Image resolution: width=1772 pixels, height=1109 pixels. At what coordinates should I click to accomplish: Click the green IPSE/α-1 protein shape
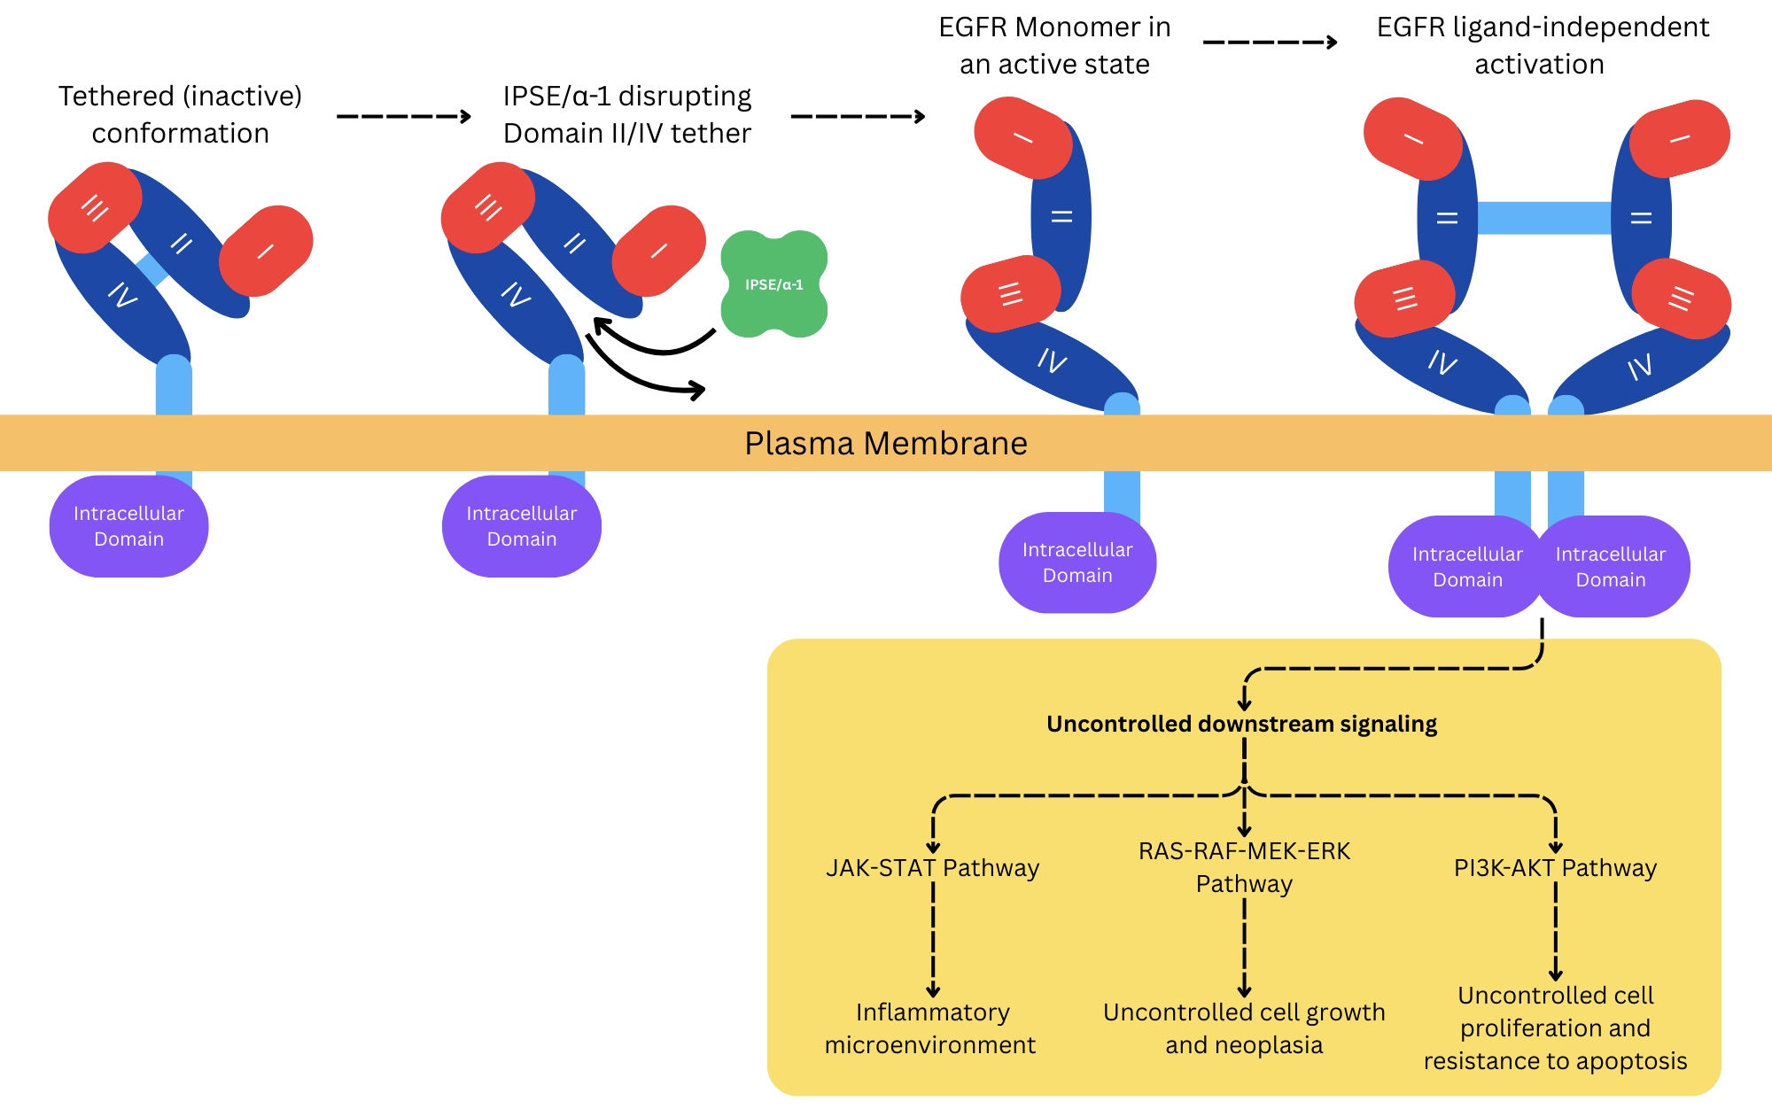tap(773, 284)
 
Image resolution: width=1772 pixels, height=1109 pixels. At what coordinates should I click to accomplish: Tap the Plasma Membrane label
tap(886, 443)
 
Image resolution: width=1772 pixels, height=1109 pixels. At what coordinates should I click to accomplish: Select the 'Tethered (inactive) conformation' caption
tap(181, 114)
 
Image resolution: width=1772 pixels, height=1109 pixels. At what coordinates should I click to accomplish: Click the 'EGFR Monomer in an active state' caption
tap(1054, 45)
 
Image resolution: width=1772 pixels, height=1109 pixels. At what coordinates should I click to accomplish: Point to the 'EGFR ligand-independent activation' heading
tap(1542, 45)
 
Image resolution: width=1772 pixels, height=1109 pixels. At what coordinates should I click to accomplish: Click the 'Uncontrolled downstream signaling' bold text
tap(1241, 724)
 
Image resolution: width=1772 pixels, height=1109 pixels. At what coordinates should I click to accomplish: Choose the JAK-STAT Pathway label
tap(932, 867)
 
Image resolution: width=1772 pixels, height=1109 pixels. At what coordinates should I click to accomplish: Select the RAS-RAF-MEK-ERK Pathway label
tap(1244, 867)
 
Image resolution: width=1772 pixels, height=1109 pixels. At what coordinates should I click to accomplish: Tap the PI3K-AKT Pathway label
tap(1555, 867)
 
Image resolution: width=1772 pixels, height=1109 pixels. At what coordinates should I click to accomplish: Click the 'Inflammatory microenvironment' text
tap(931, 1028)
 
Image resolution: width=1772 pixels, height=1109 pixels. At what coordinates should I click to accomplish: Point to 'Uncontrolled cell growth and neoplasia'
tap(1244, 1028)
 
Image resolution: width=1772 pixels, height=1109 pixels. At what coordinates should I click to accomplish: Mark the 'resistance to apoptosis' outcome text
tap(1555, 1061)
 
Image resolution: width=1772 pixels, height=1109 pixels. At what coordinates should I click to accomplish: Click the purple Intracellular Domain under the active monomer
tap(1077, 562)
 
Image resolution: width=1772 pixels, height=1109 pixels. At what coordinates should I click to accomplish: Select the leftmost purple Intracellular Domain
tap(128, 526)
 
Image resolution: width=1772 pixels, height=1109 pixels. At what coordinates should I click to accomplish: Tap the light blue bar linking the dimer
tap(1543, 218)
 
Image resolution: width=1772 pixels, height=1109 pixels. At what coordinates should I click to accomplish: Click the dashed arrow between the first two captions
tap(404, 116)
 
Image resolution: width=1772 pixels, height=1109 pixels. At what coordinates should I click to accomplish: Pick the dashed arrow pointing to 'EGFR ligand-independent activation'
tap(1270, 42)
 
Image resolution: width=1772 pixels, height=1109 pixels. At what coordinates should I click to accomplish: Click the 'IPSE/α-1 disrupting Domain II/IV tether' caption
tap(626, 114)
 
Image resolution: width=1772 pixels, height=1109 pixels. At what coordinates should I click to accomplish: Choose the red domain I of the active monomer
tap(1023, 138)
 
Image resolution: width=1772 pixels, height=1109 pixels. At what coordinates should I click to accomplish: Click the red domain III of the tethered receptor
tap(95, 208)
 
